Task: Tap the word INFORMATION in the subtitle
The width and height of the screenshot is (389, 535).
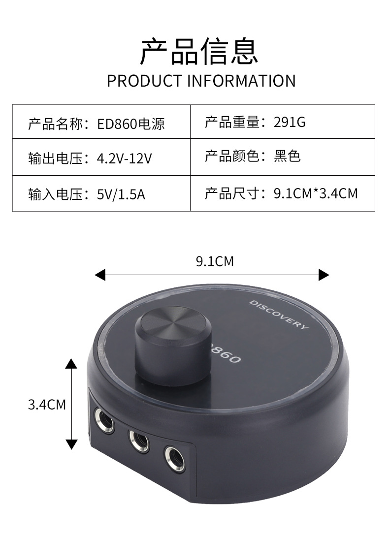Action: pyautogui.click(x=241, y=81)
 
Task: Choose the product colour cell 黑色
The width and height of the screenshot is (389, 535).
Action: pyautogui.click(x=287, y=157)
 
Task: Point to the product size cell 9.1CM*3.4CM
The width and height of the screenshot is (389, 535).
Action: pyautogui.click(x=316, y=193)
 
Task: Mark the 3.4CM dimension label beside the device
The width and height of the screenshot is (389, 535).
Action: pyautogui.click(x=47, y=405)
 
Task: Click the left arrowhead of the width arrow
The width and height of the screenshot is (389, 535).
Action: pyautogui.click(x=100, y=275)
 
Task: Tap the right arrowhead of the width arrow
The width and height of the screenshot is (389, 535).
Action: pyautogui.click(x=324, y=275)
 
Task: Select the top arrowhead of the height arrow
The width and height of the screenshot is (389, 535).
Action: pyautogui.click(x=72, y=364)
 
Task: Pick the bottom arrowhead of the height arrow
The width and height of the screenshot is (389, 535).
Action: pyautogui.click(x=72, y=444)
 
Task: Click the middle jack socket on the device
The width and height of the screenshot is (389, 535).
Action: pyautogui.click(x=140, y=439)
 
